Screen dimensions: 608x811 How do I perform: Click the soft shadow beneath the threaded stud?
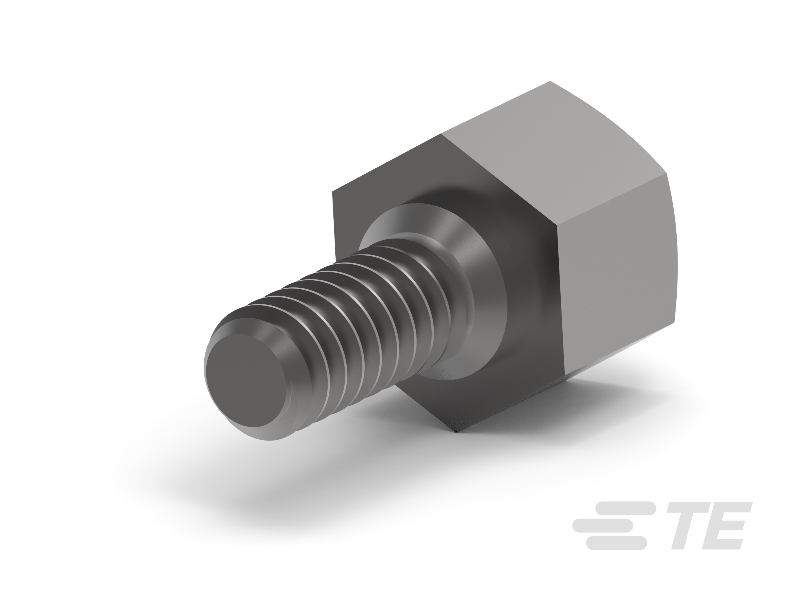pyautogui.click(x=257, y=477)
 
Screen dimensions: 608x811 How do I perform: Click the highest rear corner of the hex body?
pyautogui.click(x=550, y=81)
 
